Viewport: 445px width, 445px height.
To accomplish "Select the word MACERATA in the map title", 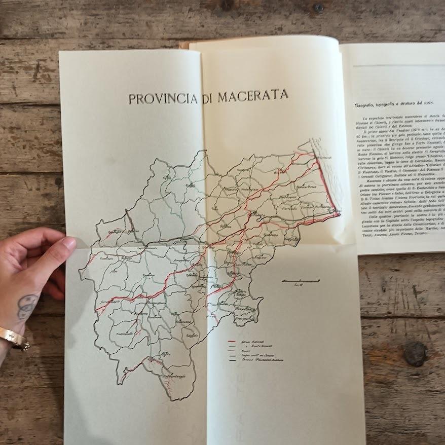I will [253, 96].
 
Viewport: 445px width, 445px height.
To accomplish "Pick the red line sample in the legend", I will [234, 342].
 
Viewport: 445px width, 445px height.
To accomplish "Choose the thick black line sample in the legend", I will [234, 360].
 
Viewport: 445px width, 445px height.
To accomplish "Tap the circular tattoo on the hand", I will [27, 306].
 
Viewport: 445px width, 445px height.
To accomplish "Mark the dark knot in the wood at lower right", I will [415, 353].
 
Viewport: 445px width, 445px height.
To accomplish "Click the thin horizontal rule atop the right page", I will [400, 66].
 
